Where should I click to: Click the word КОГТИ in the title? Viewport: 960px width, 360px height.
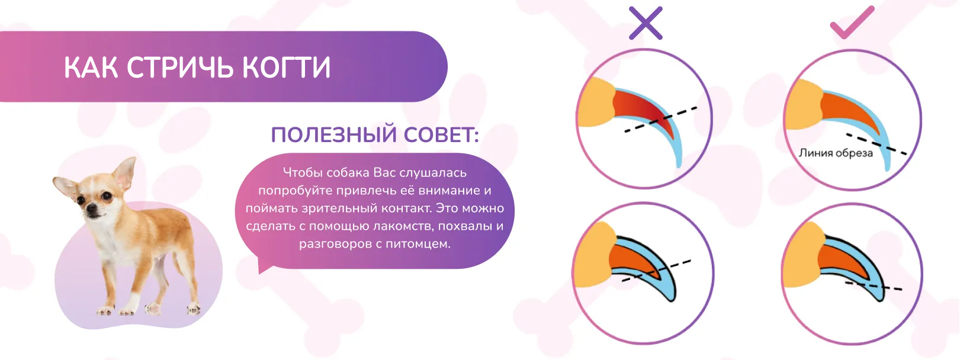(286, 67)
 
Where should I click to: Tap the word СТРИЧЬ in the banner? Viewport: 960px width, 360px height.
(180, 67)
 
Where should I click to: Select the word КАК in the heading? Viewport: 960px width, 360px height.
(91, 67)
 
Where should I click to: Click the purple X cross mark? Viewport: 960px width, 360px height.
(646, 23)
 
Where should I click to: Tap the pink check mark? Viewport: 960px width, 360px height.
(852, 22)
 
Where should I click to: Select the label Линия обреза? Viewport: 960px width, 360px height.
(836, 153)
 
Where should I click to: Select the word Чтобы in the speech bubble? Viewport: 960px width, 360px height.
(303, 173)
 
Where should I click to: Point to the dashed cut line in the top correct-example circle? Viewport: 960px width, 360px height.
(876, 144)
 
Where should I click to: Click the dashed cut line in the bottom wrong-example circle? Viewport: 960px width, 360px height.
(656, 271)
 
